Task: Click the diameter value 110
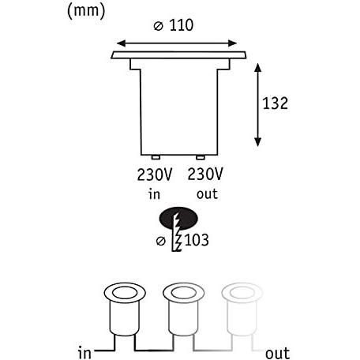(x=184, y=25)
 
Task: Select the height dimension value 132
(x=276, y=103)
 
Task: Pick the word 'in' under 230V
(x=153, y=193)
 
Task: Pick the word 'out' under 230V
(x=205, y=193)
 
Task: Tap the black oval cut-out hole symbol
(x=178, y=219)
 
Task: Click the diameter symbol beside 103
(x=162, y=240)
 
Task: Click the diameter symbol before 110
(x=158, y=25)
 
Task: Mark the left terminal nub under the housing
(x=156, y=157)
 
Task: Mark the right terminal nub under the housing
(x=200, y=157)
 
